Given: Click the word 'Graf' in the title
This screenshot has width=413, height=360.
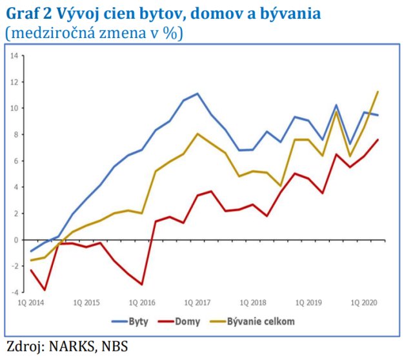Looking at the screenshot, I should [x=25, y=14].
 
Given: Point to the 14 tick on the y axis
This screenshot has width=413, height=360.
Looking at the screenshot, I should [x=14, y=55].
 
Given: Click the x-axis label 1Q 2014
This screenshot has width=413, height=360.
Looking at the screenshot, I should [x=31, y=302].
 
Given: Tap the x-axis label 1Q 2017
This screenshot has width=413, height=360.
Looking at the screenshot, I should [x=197, y=302].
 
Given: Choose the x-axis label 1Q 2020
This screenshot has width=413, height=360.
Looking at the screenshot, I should [x=363, y=302].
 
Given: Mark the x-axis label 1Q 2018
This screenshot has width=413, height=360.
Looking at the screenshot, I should [x=253, y=302].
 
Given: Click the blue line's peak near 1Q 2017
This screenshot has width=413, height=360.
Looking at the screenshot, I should [x=197, y=94].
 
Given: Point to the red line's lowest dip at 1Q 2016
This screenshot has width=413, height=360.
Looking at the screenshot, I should [x=142, y=285].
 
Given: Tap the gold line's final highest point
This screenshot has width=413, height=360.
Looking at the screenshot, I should [x=378, y=92].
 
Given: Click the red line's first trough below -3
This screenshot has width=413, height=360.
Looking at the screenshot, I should [x=45, y=290].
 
